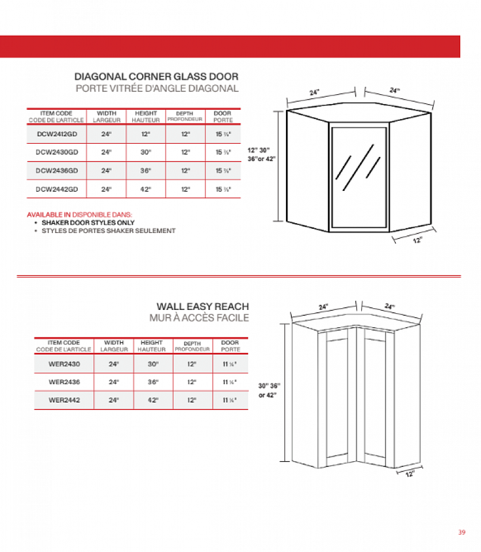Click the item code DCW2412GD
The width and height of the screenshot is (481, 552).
click(56, 134)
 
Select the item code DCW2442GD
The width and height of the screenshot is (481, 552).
click(56, 189)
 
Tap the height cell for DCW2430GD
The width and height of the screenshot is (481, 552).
click(145, 152)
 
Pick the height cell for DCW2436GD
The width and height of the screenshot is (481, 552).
click(145, 170)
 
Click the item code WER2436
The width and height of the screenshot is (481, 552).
click(64, 381)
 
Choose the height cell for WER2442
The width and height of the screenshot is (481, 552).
click(152, 400)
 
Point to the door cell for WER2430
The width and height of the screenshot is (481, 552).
click(230, 363)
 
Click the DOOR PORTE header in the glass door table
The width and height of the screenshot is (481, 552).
click(223, 117)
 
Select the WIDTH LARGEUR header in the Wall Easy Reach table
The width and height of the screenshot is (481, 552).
click(114, 346)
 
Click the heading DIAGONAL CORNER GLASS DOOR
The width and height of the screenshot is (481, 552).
click(156, 76)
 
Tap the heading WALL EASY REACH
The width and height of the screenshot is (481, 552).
click(203, 307)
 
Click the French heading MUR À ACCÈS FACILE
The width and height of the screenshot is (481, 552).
click(199, 318)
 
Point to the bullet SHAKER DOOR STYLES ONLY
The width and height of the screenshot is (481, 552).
click(88, 223)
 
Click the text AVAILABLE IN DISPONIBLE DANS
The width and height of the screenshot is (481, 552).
click(79, 214)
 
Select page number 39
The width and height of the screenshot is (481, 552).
click(461, 532)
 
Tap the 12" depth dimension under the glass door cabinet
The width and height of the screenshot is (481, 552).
click(417, 240)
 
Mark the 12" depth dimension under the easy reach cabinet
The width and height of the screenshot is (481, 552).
click(410, 474)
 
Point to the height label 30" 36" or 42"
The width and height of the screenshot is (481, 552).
click(269, 390)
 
